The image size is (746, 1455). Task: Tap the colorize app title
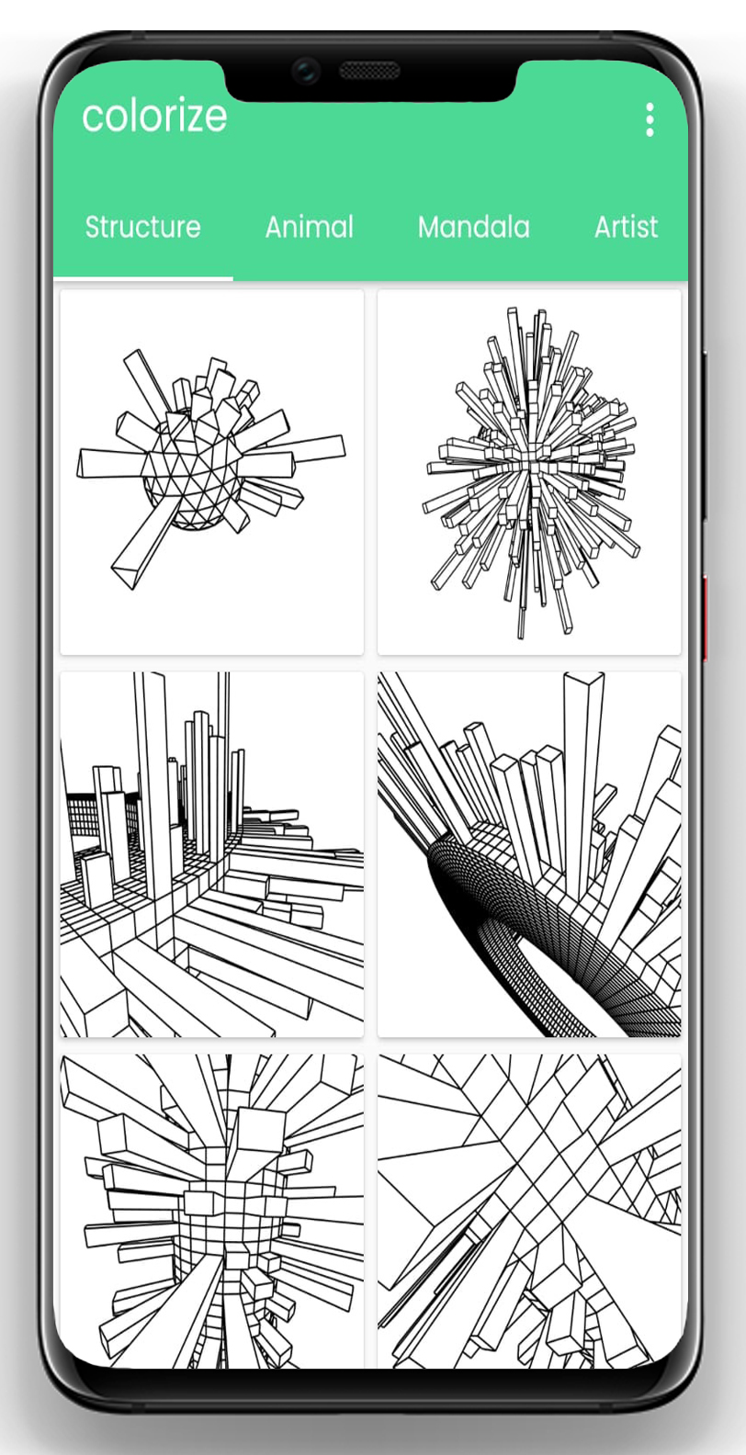point(154,117)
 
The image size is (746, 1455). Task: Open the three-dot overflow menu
point(650,119)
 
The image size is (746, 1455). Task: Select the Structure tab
point(143,227)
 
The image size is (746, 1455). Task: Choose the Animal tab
point(310,227)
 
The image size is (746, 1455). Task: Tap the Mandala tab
point(474,227)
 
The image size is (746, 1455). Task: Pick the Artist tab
point(627,227)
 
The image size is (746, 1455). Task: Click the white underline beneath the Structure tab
point(143,278)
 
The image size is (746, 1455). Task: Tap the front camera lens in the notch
point(305,69)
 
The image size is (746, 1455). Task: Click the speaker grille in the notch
point(369,70)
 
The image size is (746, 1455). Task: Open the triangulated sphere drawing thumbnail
point(212,472)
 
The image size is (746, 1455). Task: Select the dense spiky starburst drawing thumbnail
point(529,472)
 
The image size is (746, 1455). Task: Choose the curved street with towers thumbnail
point(212,854)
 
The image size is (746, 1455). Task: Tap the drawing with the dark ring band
point(529,854)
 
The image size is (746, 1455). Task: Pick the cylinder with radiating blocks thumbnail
point(212,1212)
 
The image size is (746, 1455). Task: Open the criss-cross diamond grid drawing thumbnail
point(529,1212)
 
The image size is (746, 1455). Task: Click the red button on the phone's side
point(705,618)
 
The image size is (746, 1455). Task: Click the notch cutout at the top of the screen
point(371,79)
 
